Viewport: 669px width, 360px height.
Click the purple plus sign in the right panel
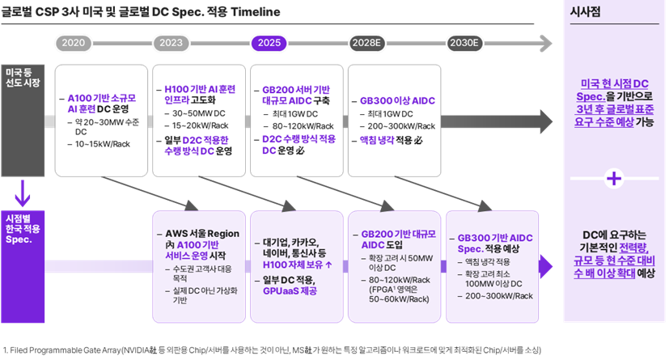coord(615,177)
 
